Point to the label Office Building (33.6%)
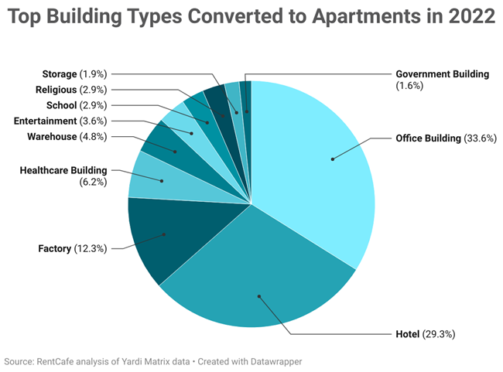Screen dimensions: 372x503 coord(445,138)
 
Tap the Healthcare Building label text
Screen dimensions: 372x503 coord(63,170)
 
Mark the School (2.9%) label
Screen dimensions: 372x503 coord(77,105)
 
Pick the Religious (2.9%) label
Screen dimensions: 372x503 coord(71,90)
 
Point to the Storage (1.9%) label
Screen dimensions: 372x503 coord(74,73)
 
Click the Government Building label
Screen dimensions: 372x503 coord(442,74)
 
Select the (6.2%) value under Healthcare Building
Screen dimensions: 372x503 coord(93,182)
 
